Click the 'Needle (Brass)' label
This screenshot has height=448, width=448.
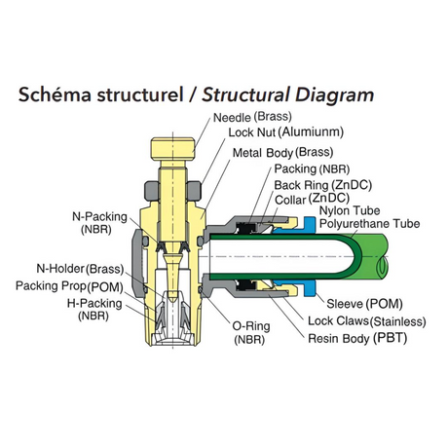(252, 117)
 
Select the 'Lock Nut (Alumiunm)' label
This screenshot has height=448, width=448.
(285, 132)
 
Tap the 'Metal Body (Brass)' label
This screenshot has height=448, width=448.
(282, 152)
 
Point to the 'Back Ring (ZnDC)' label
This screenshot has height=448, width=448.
(322, 185)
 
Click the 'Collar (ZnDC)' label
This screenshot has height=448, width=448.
(312, 199)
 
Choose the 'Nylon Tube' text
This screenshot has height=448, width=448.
(350, 210)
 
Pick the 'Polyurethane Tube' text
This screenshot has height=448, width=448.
(369, 224)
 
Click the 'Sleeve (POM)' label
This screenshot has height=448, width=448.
(364, 304)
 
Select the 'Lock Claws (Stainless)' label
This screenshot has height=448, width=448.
(366, 321)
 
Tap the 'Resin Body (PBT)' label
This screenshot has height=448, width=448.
(357, 338)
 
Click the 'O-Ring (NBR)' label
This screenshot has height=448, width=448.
(251, 333)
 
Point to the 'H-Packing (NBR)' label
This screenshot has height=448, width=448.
(94, 310)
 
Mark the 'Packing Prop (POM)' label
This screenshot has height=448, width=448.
(69, 286)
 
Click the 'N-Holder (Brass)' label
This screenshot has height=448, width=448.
(80, 269)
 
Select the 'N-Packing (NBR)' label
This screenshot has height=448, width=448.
(99, 223)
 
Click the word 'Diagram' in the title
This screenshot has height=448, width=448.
(334, 95)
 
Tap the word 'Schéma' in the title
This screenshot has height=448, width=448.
(55, 94)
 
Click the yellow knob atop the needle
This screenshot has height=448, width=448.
(172, 148)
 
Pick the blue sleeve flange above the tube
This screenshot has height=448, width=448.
(310, 225)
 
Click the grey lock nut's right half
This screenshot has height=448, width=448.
(194, 191)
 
